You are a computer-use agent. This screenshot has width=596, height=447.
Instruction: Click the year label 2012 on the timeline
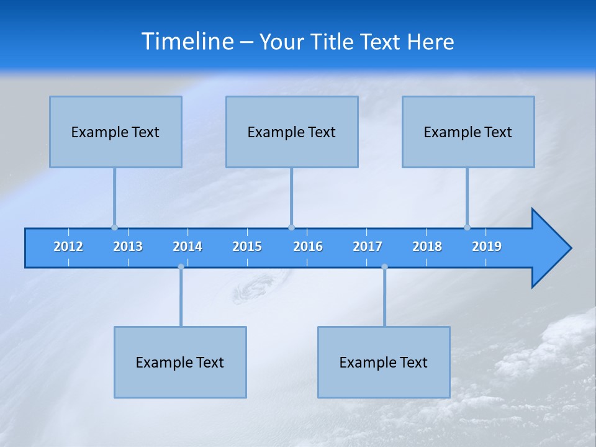pyautogui.click(x=68, y=246)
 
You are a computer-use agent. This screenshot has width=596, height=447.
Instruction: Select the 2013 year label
pyautogui.click(x=128, y=246)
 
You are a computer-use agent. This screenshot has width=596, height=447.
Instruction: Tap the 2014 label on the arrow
pyautogui.click(x=187, y=246)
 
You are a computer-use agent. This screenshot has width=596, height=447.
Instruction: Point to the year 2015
pyautogui.click(x=247, y=246)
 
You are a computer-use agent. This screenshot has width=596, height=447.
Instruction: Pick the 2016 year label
pyautogui.click(x=308, y=246)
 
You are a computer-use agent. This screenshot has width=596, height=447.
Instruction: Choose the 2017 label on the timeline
pyautogui.click(x=368, y=246)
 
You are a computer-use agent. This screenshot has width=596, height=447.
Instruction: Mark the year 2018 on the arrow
pyautogui.click(x=427, y=246)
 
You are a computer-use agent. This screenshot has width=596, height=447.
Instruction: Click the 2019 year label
pyautogui.click(x=487, y=246)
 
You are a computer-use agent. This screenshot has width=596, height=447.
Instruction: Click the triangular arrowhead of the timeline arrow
pyautogui.click(x=549, y=248)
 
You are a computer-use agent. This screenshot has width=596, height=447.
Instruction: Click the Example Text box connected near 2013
pyautogui.click(x=115, y=132)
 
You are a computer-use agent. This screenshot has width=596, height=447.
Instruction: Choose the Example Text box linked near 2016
pyautogui.click(x=292, y=132)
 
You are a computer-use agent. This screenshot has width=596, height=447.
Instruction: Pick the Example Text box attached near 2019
pyautogui.click(x=468, y=132)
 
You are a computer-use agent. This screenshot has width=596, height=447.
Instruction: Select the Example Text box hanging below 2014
pyautogui.click(x=180, y=362)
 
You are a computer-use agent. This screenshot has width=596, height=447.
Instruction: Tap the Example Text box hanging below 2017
pyautogui.click(x=384, y=362)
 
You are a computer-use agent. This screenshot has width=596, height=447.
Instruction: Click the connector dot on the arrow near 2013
pyautogui.click(x=114, y=227)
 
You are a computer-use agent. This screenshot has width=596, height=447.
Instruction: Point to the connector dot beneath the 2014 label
pyautogui.click(x=181, y=267)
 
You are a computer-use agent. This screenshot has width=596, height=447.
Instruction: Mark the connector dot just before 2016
pyautogui.click(x=291, y=227)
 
